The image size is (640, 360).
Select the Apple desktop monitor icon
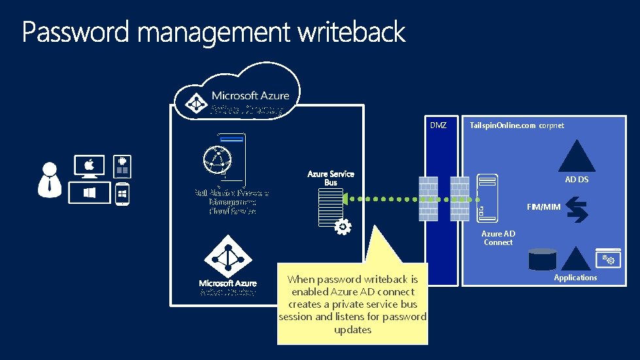pos(89,167)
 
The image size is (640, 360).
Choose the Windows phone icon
pos(122,194)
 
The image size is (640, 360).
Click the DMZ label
pos(438,125)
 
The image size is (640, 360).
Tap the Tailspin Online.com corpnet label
pos(516,125)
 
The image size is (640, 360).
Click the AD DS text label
pos(577,179)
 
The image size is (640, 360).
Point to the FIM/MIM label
pos(544,207)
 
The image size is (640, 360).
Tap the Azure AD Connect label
pos(498,238)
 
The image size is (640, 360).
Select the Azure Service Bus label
pos(331,178)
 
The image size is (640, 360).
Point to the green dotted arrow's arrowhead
pos(345,198)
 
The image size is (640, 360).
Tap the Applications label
pos(575,278)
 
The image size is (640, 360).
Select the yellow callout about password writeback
pos(352,304)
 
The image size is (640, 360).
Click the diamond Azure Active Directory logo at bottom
pos(228,257)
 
